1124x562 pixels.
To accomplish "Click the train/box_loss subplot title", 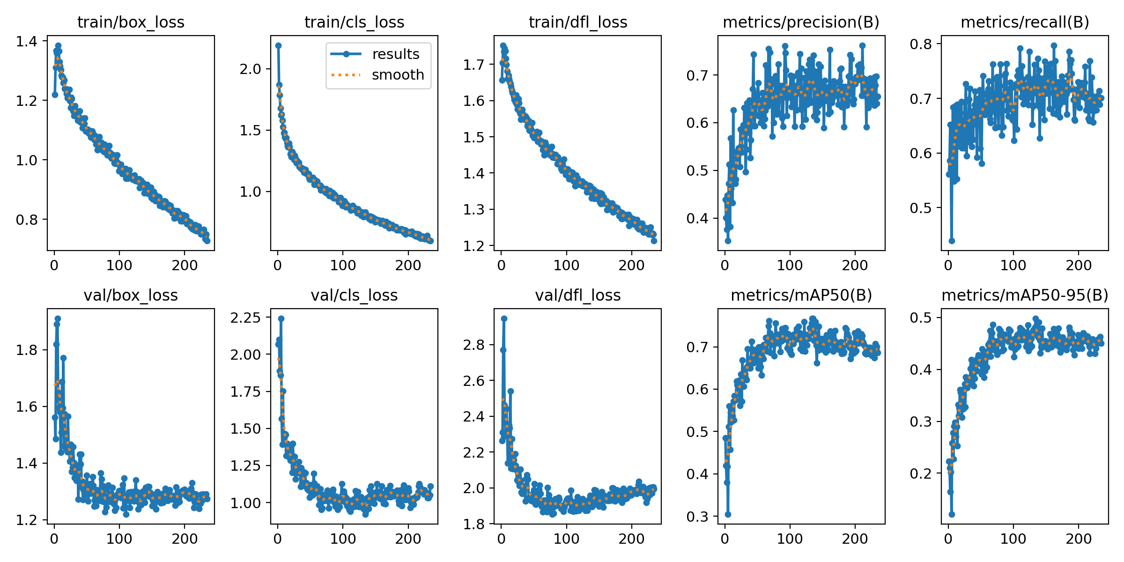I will [x=131, y=22].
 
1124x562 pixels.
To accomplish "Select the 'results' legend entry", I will [x=396, y=54].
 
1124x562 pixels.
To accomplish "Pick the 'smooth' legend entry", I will [x=398, y=75].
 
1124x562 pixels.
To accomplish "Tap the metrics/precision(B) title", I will [x=801, y=22].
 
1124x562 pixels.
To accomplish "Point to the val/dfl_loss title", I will [x=577, y=295].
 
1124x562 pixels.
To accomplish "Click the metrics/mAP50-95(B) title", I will [x=1025, y=295].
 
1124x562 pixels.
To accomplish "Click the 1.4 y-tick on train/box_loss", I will [x=26, y=41].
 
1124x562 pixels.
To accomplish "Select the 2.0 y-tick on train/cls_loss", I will [x=250, y=69].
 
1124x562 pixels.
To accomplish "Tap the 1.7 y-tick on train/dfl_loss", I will [x=473, y=65].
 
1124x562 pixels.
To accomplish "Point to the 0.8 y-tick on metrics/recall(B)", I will [x=921, y=44].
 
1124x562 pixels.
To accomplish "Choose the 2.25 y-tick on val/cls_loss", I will [x=245, y=318].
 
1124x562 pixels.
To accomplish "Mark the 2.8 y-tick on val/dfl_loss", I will [x=473, y=345].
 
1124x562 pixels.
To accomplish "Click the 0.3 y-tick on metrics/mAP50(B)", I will [x=697, y=517].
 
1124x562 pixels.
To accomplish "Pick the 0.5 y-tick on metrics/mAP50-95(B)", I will [x=921, y=318].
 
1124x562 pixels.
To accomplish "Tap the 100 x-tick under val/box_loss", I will [x=119, y=539].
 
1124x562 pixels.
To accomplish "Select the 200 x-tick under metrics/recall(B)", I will [x=1079, y=265].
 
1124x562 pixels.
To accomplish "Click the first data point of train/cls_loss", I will [x=278, y=45].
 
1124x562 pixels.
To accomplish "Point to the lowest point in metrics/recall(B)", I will [x=952, y=241].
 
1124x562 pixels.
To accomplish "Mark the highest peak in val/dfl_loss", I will [x=504, y=318].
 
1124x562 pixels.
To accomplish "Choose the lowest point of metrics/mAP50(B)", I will [x=728, y=514].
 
